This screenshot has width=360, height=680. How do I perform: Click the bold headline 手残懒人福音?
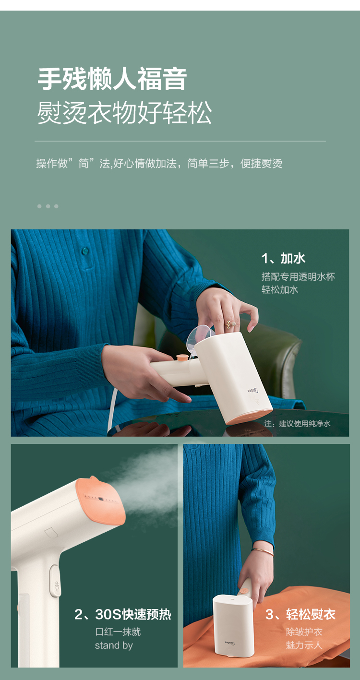tap(112, 79)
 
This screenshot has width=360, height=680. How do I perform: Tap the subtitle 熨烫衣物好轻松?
tap(124, 113)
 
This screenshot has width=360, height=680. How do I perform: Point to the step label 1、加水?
tap(283, 258)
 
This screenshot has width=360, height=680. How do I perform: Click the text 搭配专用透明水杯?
tap(298, 276)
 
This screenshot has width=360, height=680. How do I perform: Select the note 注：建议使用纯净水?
tap(297, 423)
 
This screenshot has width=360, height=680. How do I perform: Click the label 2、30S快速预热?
tap(122, 614)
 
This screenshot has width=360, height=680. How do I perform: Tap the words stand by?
tap(114, 645)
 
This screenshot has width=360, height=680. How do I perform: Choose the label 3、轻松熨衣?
tap(300, 614)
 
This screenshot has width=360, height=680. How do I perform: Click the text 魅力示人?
tap(304, 645)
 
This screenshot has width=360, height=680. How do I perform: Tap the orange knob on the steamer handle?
tap(182, 358)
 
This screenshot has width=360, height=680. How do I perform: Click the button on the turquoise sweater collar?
tap(85, 251)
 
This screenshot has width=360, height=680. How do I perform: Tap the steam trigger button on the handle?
tap(55, 581)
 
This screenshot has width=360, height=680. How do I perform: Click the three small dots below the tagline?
tap(48, 206)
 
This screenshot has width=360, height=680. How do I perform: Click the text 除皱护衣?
tap(304, 632)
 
